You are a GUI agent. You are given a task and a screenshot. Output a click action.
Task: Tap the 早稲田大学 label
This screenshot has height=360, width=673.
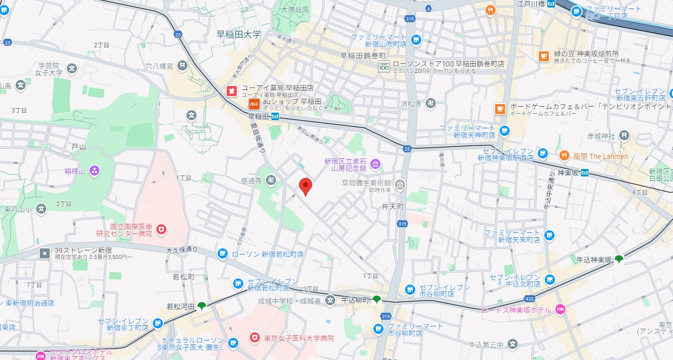point(239,35)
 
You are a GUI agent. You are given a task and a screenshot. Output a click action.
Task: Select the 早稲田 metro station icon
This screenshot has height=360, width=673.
point(275,116)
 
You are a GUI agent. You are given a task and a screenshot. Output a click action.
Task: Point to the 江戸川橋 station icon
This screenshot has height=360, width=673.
point(551,4)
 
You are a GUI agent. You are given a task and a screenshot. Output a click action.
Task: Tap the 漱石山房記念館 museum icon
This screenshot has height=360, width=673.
point(375,164)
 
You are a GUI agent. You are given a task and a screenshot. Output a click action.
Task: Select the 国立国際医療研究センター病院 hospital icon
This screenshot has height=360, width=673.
point(161,229)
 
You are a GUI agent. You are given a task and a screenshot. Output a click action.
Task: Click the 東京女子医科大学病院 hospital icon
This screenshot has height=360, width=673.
point(255,338)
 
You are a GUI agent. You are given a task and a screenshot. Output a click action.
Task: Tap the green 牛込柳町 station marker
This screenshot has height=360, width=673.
point(376,300)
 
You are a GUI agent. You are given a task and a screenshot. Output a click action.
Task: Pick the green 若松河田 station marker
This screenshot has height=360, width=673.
point(201,306)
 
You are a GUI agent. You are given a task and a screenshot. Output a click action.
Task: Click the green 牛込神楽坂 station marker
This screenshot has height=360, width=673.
point(619,259)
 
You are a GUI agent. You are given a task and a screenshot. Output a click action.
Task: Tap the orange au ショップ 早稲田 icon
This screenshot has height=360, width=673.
point(254,104)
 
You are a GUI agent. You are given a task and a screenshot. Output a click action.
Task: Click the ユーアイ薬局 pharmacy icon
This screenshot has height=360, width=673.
point(232,91)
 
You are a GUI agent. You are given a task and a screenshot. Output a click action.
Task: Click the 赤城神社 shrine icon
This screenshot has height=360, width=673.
point(624,135)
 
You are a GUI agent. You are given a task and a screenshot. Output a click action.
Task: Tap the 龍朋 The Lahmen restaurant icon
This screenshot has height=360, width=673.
point(564,156)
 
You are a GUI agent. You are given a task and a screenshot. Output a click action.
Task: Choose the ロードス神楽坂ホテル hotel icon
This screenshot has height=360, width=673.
point(559,310)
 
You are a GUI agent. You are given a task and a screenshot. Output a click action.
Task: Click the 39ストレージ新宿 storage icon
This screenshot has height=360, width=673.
point(45,253)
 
